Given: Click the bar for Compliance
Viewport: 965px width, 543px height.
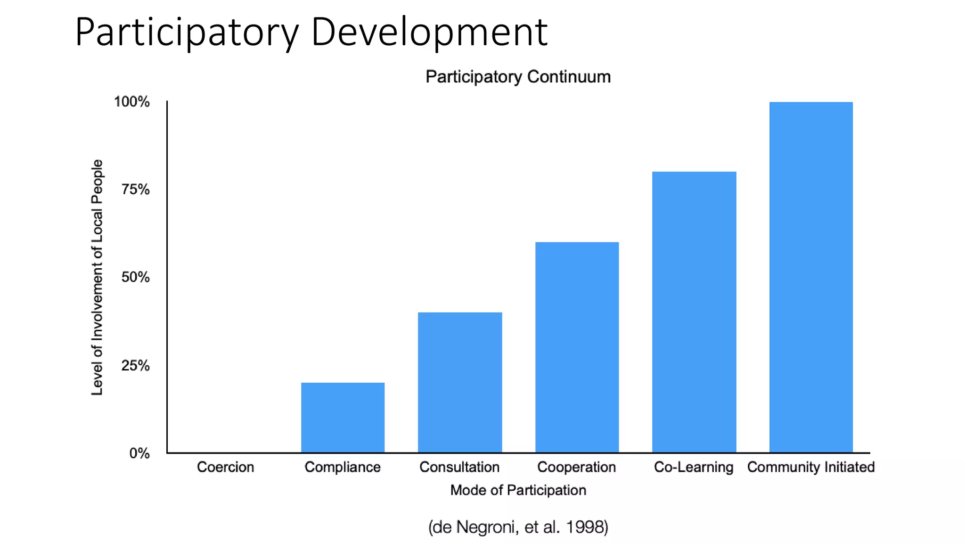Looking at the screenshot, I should [x=343, y=417].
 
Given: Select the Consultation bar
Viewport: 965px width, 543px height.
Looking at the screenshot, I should [x=460, y=382].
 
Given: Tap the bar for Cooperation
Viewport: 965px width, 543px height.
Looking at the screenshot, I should [x=577, y=347].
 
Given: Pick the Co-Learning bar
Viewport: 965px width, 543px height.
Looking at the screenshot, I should [x=694, y=312].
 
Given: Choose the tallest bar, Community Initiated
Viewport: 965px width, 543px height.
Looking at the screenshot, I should [x=811, y=277].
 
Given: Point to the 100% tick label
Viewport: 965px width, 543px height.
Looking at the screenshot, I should [x=131, y=102].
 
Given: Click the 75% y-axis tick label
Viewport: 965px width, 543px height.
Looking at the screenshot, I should [x=135, y=189].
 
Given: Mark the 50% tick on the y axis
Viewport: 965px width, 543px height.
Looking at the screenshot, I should [x=135, y=277].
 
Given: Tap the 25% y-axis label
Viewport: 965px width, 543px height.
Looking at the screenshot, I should [x=135, y=365].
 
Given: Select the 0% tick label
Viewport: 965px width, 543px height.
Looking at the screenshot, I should [x=139, y=453].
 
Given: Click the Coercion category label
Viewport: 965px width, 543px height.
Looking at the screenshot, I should [x=225, y=467].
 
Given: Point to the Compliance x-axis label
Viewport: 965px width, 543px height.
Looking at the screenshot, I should [x=343, y=467].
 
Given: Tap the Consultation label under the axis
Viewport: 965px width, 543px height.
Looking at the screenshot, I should [x=459, y=467].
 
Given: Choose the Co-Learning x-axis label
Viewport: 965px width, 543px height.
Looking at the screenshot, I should [x=694, y=467].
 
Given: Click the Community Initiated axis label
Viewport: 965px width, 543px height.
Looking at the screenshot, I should [x=811, y=467].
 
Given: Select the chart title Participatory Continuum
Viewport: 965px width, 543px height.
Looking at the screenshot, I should [x=518, y=77].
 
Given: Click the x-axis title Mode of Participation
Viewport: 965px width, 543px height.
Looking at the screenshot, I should [x=518, y=490].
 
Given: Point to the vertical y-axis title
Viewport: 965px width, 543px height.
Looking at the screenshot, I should [x=97, y=277].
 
